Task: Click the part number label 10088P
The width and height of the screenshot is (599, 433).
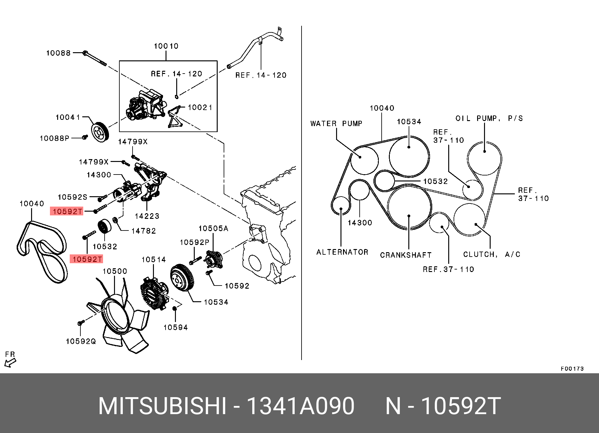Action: (54, 138)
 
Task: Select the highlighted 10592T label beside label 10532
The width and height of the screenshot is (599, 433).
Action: (87, 259)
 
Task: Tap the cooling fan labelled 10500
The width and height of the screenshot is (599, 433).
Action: (121, 318)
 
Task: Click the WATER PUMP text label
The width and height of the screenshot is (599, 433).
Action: (336, 124)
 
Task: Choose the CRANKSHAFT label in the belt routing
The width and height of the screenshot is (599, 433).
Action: (406, 255)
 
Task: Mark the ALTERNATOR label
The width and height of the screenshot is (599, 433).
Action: (342, 252)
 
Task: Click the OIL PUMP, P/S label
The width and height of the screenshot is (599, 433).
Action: (489, 119)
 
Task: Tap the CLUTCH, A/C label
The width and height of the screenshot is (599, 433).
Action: (492, 254)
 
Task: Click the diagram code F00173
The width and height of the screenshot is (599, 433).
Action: (572, 369)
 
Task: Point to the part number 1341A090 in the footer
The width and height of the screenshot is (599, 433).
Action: (301, 406)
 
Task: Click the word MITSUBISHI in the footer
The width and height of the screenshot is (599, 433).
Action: (162, 406)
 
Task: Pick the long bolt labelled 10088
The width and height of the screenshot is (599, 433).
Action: (95, 59)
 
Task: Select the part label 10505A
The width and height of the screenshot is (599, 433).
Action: (213, 229)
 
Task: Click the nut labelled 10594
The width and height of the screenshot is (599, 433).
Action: (175, 309)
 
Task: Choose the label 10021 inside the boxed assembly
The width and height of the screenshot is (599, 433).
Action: (200, 108)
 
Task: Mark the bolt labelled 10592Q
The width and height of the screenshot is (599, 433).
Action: (81, 323)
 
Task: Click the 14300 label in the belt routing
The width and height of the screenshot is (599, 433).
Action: (360, 223)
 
